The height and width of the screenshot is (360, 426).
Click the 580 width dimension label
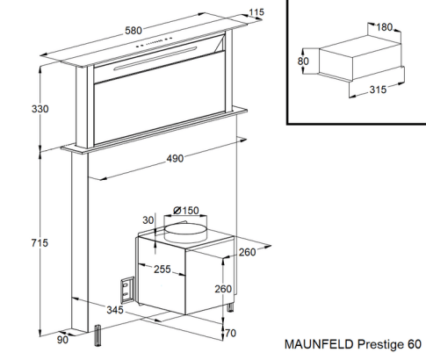point(134,31)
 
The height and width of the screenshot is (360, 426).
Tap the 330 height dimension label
point(15,109)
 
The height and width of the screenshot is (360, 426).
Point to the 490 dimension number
point(176,159)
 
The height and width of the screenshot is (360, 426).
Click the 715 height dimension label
point(15,242)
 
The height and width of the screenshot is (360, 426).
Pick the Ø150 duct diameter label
point(186,210)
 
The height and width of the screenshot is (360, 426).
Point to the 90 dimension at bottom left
point(61,341)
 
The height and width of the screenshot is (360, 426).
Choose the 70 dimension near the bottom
point(229,334)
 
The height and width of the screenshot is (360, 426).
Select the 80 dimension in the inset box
point(303,61)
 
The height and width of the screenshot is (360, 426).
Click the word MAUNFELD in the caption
point(316,345)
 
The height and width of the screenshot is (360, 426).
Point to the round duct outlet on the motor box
point(186,230)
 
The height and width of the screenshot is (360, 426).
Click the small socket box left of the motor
point(126,288)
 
